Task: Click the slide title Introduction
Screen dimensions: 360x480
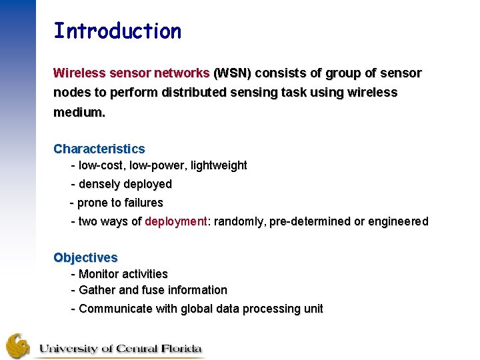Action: point(117,31)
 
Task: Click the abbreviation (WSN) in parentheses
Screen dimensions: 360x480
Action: point(231,73)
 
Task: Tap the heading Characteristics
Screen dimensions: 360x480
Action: point(99,149)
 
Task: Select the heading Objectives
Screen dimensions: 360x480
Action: point(85,257)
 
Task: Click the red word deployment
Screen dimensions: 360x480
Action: point(176,221)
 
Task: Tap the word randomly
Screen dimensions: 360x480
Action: point(239,221)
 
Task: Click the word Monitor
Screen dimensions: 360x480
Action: point(99,274)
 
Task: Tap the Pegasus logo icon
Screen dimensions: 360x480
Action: point(18,345)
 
